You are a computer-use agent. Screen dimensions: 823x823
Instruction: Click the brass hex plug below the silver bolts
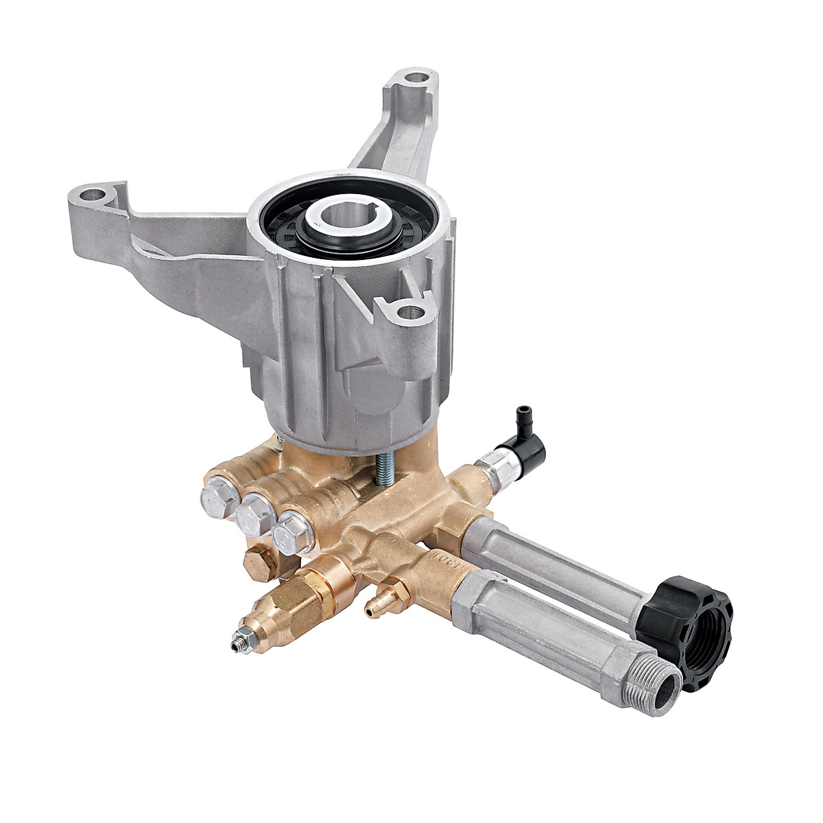click(x=261, y=562)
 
